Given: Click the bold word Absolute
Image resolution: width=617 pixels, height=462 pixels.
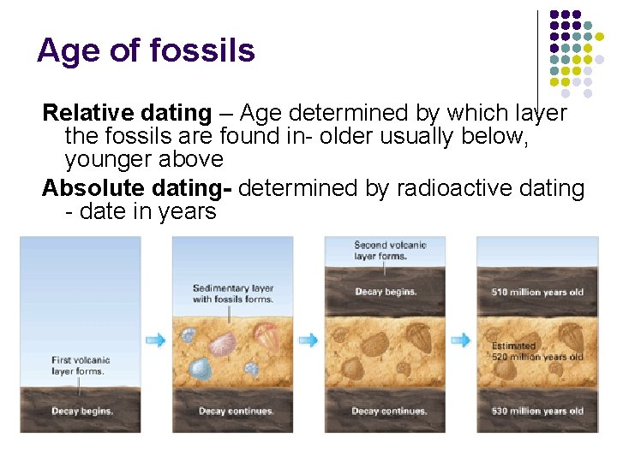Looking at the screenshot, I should (92, 187).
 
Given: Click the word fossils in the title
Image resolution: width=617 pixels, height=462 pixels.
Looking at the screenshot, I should (202, 50).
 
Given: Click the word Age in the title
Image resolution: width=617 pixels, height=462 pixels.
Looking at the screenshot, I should (65, 50).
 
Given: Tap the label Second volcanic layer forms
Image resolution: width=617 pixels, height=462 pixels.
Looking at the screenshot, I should (390, 250).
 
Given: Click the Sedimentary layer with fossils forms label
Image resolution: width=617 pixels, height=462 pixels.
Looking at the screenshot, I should (232, 293).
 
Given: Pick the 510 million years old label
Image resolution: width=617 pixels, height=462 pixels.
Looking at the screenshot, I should (537, 292).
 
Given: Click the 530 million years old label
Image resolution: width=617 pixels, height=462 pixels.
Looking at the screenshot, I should (537, 411).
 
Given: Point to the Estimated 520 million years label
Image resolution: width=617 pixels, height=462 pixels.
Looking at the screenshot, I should (537, 352).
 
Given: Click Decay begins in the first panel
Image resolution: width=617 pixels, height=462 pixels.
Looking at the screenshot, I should (82, 411).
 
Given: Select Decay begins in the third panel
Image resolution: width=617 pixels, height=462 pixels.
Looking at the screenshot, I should (386, 292).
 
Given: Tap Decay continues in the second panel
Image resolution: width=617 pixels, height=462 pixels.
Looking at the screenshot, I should (236, 411).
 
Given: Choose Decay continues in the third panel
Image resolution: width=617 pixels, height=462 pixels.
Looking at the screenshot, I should (389, 411).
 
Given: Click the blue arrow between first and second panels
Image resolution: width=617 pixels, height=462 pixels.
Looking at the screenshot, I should (156, 340).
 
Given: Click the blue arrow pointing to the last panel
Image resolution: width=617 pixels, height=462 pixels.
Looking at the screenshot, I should (460, 340).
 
